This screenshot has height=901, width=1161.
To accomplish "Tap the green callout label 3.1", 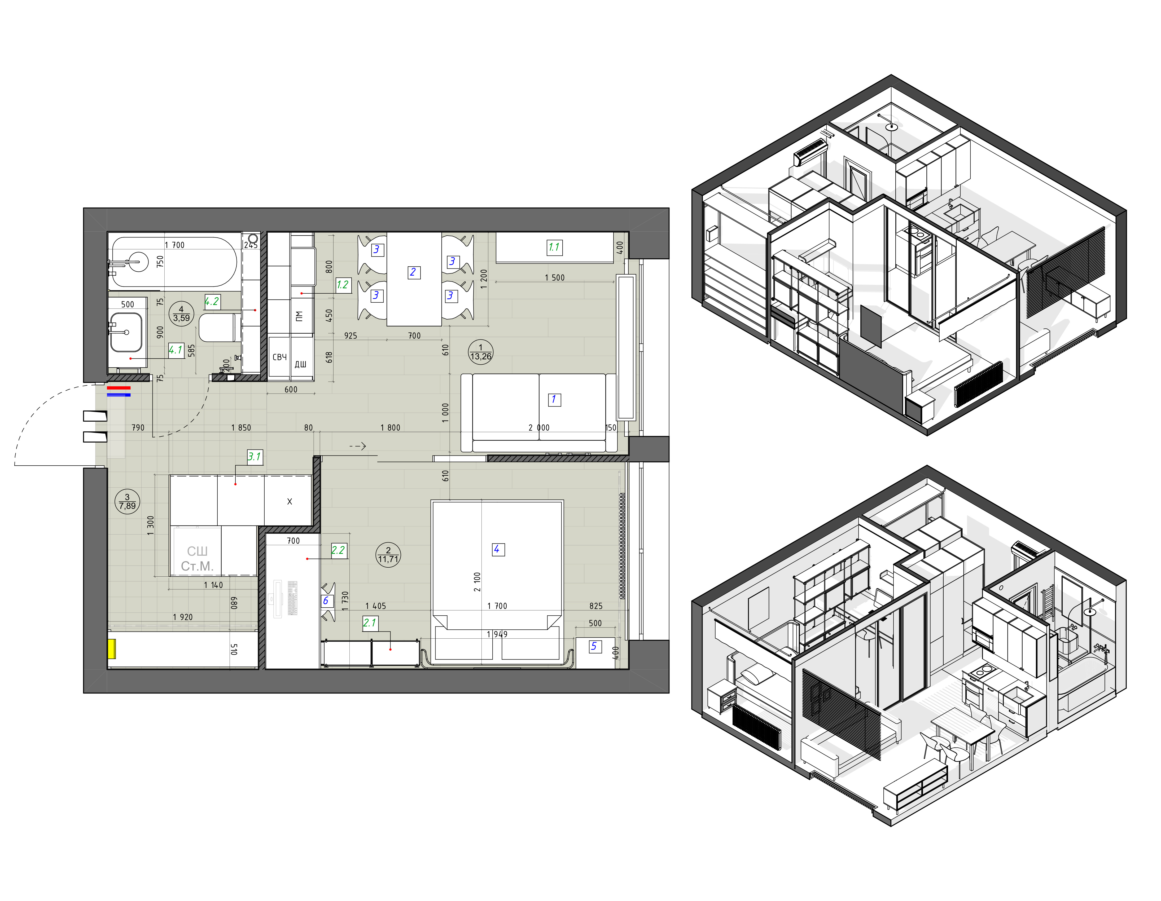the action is pos(255,456).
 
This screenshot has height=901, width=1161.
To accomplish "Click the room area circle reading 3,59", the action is pos(181,313).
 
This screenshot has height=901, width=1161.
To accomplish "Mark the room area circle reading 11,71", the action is pos(388,555).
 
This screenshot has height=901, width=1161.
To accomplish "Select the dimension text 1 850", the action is pos(241,428).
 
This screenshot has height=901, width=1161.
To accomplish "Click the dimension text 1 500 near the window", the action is pos(554,278).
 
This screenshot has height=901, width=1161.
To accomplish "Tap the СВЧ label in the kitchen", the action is pos(280,357).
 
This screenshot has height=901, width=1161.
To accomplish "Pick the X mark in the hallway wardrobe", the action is pos(290,501).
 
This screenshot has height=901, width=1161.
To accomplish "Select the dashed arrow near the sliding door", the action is pos(357,446).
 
